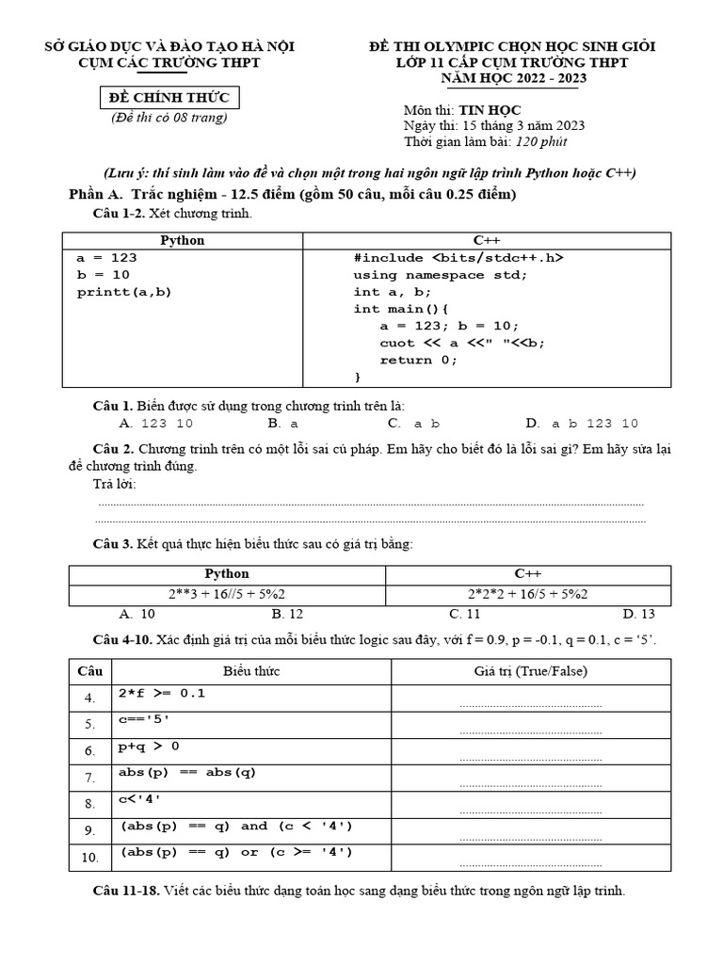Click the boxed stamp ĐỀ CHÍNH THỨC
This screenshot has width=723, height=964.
tap(166, 99)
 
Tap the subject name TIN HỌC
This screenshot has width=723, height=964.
tap(490, 110)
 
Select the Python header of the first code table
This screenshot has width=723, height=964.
tap(183, 240)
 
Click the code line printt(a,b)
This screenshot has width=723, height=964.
tap(124, 292)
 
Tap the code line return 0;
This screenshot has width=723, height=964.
tap(418, 360)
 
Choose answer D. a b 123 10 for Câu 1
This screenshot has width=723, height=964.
tap(582, 424)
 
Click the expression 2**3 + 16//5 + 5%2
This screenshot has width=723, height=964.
tap(227, 594)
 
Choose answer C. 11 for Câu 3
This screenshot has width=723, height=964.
tap(464, 614)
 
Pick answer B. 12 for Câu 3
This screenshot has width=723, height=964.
tap(287, 614)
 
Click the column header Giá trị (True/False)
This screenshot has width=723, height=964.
tap(530, 671)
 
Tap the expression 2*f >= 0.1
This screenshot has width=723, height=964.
tap(162, 694)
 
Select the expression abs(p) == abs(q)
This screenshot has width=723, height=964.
tap(187, 773)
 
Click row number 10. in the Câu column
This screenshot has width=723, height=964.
tap(89, 857)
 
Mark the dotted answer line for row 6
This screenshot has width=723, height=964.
tap(530, 757)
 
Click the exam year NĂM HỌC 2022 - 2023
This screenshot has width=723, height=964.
tap(513, 78)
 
